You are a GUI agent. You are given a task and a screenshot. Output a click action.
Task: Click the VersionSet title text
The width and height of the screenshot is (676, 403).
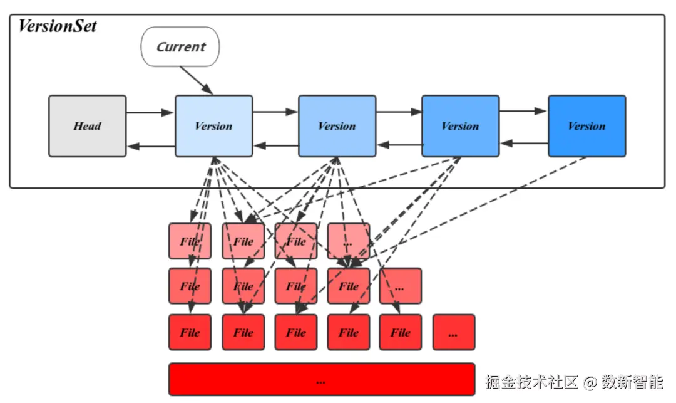pyautogui.click(x=58, y=26)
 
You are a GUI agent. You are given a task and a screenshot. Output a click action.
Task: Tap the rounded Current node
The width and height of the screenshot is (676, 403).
pyautogui.click(x=181, y=47)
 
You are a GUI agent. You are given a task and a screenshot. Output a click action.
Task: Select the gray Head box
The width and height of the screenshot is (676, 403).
pyautogui.click(x=88, y=126)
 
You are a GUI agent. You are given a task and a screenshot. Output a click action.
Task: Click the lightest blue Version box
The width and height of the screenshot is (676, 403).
pyautogui.click(x=213, y=126)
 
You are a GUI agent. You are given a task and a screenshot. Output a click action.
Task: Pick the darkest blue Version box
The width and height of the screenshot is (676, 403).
pyautogui.click(x=586, y=126)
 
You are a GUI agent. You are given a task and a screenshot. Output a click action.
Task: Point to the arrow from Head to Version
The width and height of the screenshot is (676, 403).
pyautogui.click(x=150, y=113)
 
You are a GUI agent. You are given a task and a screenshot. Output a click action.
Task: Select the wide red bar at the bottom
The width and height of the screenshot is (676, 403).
pyautogui.click(x=322, y=379)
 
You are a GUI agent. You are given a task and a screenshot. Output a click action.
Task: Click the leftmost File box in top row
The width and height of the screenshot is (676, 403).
pyautogui.click(x=190, y=241)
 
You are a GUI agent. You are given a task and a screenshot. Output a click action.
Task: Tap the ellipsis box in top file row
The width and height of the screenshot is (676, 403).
pyautogui.click(x=349, y=241)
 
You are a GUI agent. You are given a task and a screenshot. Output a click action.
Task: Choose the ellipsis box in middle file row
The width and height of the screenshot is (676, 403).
pyautogui.click(x=400, y=286)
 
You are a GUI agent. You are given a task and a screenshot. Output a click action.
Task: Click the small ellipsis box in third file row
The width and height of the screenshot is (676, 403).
pyautogui.click(x=454, y=333)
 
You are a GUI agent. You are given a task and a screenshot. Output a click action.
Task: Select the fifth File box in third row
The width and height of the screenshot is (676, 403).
pyautogui.click(x=400, y=333)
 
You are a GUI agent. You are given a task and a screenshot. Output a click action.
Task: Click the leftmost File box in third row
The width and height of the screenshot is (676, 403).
pyautogui.click(x=190, y=333)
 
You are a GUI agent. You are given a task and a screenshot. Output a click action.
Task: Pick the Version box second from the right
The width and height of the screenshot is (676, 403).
pyautogui.click(x=460, y=126)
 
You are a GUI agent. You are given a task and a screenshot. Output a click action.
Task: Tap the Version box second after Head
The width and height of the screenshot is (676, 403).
pyautogui.click(x=337, y=126)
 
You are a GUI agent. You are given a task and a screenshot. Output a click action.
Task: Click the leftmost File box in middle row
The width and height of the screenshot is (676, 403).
pyautogui.click(x=190, y=286)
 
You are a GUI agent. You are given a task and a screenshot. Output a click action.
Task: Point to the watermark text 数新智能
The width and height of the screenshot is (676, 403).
pyautogui.click(x=632, y=381)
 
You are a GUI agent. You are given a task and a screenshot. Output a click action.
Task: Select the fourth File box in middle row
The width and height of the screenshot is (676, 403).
pyautogui.click(x=349, y=286)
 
